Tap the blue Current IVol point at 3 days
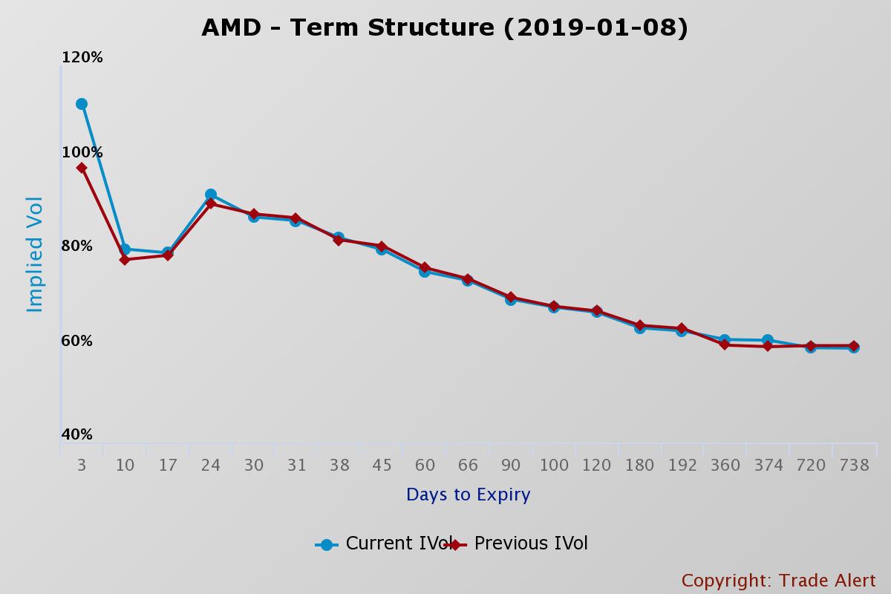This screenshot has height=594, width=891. (x=82, y=104)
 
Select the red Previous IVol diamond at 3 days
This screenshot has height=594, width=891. (x=82, y=168)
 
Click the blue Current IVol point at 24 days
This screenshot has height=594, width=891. (x=211, y=195)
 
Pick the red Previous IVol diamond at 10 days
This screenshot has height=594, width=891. (x=125, y=260)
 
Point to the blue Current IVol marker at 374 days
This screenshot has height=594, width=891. (x=768, y=340)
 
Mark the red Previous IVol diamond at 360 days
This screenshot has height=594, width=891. (x=725, y=345)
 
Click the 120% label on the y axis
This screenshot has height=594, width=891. (x=82, y=58)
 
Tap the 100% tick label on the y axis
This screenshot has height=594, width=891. (x=82, y=153)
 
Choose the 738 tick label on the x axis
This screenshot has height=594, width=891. (x=854, y=466)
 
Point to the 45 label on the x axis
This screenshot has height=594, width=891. (x=382, y=466)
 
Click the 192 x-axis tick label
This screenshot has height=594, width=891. (x=682, y=466)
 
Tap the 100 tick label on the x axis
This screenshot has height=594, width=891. (x=554, y=466)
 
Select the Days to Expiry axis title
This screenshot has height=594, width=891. (x=468, y=495)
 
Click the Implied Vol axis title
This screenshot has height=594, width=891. (x=35, y=254)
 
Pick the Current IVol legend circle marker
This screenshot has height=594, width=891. (x=327, y=544)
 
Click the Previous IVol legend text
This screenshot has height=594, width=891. (x=531, y=544)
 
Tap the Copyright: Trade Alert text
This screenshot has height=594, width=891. (x=778, y=581)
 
